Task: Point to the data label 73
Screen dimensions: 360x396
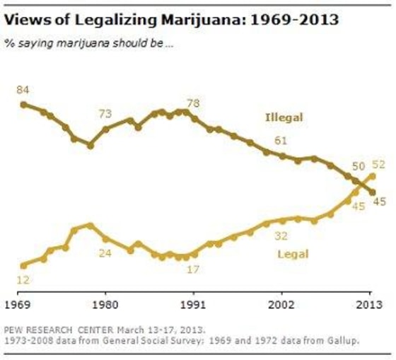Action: tap(105, 114)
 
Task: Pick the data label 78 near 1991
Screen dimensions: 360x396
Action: tap(193, 104)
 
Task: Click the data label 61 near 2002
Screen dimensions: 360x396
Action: tap(281, 141)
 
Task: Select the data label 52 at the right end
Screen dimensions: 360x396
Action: tap(379, 164)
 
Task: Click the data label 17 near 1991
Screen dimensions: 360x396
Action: tap(193, 269)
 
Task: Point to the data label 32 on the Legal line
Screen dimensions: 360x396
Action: tap(281, 236)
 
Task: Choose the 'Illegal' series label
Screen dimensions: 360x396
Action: tap(284, 117)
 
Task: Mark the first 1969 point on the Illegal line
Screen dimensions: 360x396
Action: tap(23, 104)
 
